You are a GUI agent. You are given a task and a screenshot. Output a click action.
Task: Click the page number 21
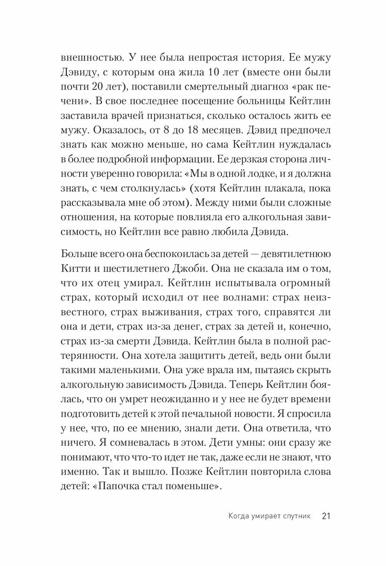[x=327, y=516]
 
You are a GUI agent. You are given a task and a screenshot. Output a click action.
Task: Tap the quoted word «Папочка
[x=108, y=488]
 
